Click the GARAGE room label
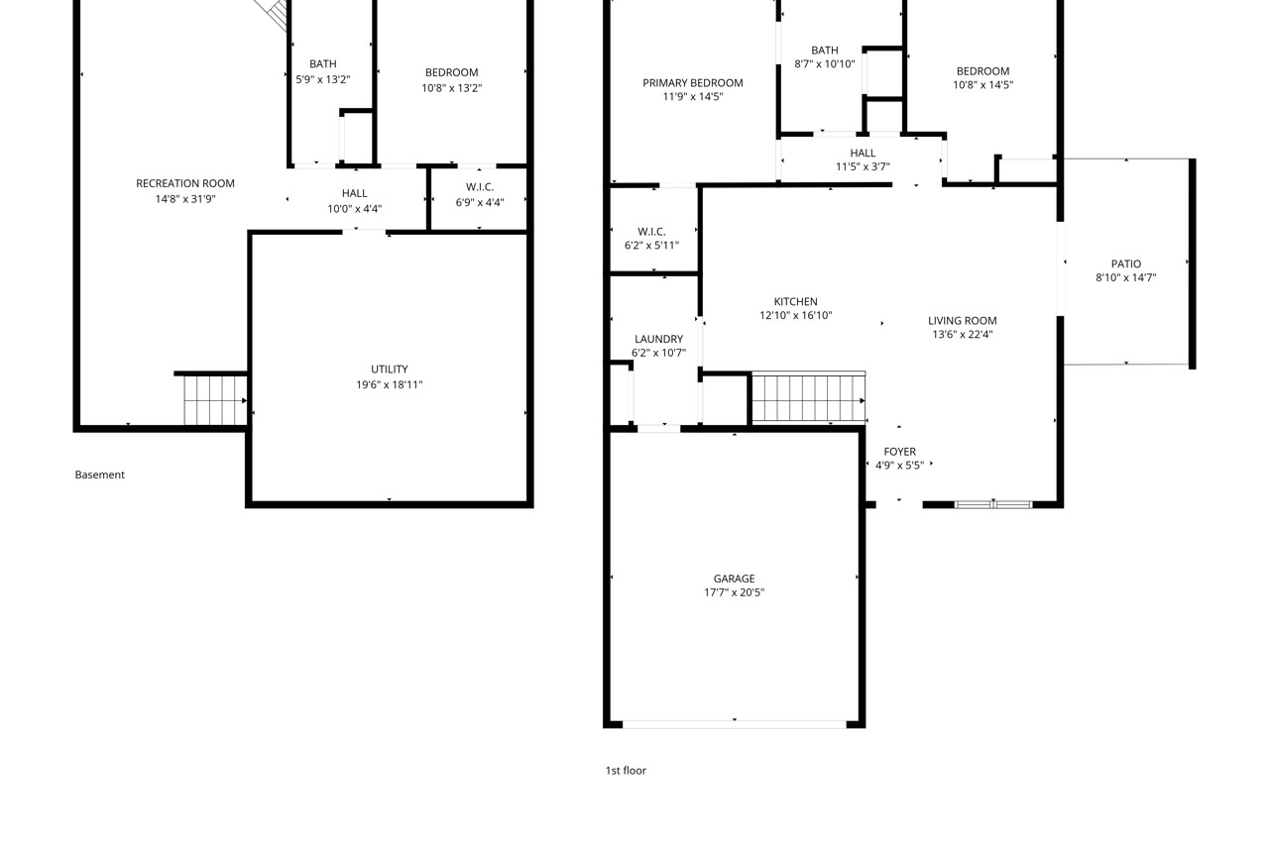coord(734,579)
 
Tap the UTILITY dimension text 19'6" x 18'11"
coord(390,385)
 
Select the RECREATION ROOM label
coord(185,183)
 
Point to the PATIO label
coord(1125,264)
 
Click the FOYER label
coord(899,452)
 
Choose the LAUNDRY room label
coord(658,339)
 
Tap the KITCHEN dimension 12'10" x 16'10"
coord(795,315)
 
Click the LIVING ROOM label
coord(962,321)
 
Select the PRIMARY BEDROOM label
coord(692,83)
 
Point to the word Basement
coord(100,475)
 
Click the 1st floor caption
coord(626,771)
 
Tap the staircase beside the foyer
coord(808,397)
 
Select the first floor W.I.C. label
coord(651,232)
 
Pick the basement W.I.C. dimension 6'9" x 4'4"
coord(479,202)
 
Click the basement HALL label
coord(354,193)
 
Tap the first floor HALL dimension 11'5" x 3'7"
coord(863,166)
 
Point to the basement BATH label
coord(323,64)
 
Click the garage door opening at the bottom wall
coord(735,724)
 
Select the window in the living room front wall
coord(993,504)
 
